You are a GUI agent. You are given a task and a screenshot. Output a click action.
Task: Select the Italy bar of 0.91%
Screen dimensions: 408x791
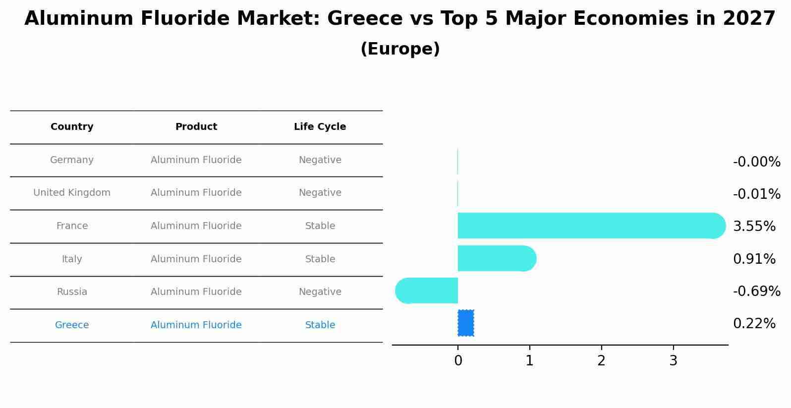click(496, 258)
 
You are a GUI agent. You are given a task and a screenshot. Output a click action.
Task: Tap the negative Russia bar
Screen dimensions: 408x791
click(427, 291)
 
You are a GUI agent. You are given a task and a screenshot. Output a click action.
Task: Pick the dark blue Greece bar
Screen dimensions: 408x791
click(465, 323)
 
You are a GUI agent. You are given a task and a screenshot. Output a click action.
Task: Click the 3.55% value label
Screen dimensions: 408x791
click(754, 227)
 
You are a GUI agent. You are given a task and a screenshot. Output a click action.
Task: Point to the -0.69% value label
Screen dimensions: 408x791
click(756, 291)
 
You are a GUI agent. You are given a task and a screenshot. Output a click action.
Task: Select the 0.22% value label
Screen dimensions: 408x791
click(754, 324)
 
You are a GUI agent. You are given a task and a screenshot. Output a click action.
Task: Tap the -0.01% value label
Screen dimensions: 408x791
click(756, 194)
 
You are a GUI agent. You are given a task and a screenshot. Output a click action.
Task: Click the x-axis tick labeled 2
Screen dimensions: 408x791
click(601, 361)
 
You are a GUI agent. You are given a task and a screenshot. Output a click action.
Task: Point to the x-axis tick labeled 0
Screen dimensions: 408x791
click(458, 361)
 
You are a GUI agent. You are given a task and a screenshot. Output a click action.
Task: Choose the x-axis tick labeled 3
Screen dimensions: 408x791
click(673, 361)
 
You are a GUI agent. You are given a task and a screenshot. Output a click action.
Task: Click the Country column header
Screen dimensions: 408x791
click(72, 127)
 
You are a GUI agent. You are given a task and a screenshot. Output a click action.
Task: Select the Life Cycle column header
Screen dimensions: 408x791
click(320, 127)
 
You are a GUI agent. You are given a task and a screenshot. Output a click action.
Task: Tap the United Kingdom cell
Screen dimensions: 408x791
click(72, 193)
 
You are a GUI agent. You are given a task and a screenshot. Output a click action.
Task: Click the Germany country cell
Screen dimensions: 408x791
click(72, 160)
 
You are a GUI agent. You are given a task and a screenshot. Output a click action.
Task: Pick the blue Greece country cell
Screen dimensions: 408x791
click(72, 325)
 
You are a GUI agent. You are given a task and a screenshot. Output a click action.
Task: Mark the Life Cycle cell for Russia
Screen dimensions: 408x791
click(320, 292)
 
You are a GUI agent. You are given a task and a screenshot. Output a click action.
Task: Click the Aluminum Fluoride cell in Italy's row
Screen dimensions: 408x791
click(196, 259)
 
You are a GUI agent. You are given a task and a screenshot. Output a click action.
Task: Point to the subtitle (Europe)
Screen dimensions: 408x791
click(400, 49)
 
